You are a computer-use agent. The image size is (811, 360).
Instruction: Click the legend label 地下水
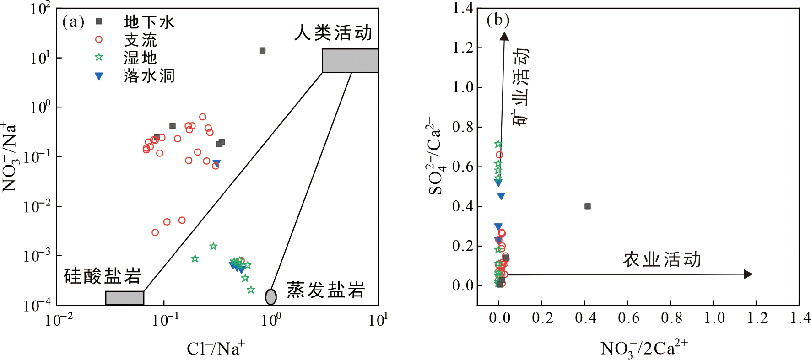(149, 22)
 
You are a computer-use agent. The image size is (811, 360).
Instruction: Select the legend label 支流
(141, 40)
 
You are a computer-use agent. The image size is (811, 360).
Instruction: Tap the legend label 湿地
(141, 58)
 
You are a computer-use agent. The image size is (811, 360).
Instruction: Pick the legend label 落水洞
(149, 76)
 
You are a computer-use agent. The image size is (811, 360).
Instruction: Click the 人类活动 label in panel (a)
(333, 33)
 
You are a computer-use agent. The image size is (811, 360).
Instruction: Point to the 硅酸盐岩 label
(103, 276)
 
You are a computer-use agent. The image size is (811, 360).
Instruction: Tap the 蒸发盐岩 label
(326, 290)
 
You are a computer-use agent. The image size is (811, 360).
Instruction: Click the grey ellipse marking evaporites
(271, 297)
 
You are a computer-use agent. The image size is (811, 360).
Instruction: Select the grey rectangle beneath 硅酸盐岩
(124, 298)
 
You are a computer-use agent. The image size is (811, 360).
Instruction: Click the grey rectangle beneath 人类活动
(350, 61)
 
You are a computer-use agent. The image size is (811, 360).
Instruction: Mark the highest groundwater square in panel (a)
(262, 50)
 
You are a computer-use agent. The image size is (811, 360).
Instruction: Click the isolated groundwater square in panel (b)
(588, 206)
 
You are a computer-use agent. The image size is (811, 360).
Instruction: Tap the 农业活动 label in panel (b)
(662, 259)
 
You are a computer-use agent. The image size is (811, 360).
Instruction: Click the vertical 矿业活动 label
(520, 87)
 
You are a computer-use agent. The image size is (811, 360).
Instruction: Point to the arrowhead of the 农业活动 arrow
(748, 274)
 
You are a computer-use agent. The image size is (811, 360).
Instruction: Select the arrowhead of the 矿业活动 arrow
(504, 37)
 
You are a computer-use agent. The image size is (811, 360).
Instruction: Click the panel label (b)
(498, 20)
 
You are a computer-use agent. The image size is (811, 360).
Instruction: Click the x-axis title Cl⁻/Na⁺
(216, 349)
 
